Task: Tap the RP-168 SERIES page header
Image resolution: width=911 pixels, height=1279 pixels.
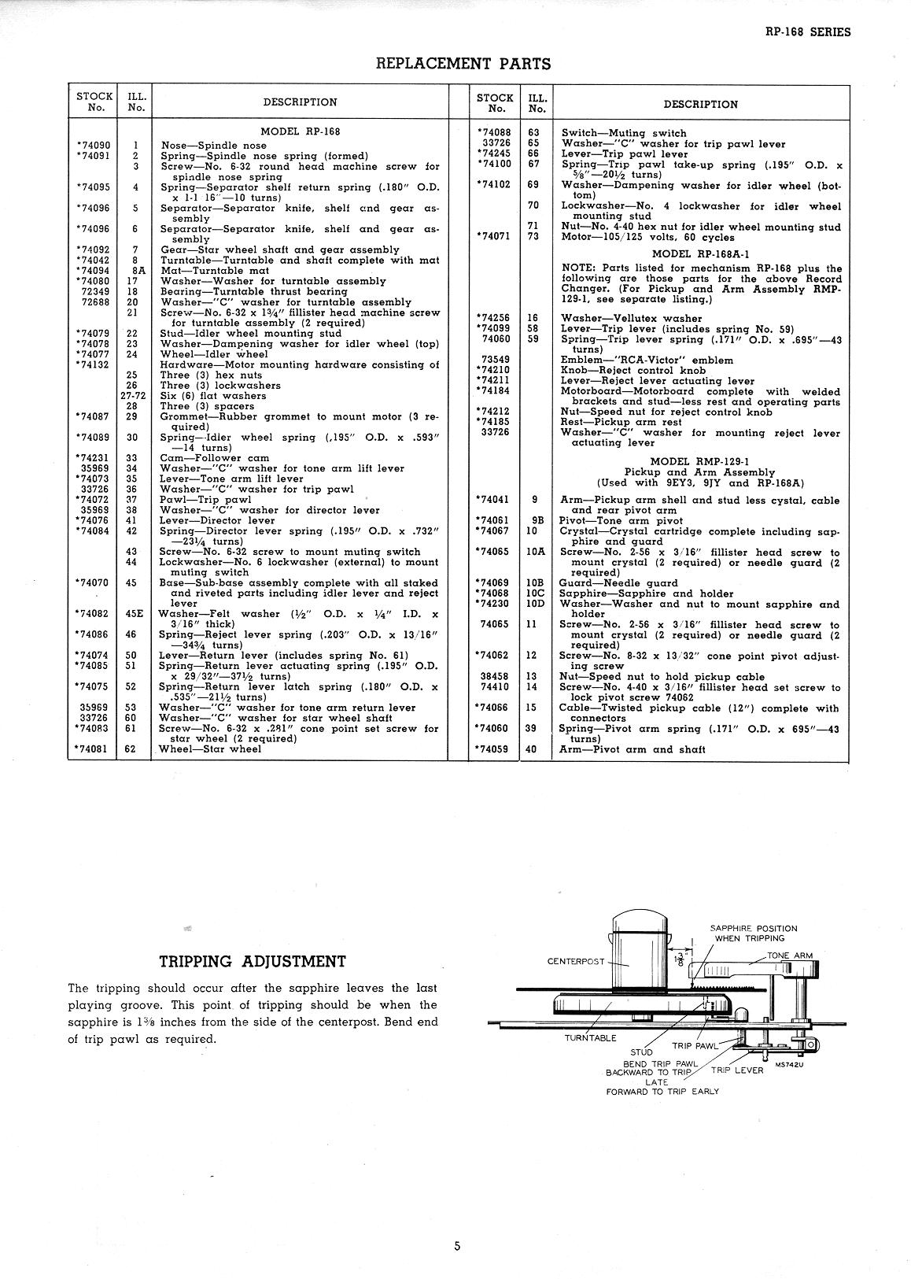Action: click(x=807, y=32)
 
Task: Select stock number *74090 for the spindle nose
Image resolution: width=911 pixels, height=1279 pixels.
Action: click(x=94, y=146)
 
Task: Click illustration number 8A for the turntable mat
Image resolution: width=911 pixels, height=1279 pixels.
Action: click(x=135, y=271)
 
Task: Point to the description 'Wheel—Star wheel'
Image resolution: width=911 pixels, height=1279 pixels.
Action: click(x=210, y=749)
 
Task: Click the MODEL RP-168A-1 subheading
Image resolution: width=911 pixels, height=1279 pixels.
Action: click(x=700, y=254)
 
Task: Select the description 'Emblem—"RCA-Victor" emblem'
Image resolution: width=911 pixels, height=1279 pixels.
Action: click(x=646, y=360)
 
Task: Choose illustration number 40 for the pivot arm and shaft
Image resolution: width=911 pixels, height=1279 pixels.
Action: click(x=531, y=749)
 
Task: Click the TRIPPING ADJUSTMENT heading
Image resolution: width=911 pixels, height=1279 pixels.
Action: click(x=253, y=961)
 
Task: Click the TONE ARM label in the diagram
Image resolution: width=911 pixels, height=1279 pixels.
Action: click(x=790, y=956)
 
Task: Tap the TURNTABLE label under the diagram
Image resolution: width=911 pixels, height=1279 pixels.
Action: click(x=590, y=1037)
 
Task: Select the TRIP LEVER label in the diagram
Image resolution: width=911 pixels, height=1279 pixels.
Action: click(x=737, y=1070)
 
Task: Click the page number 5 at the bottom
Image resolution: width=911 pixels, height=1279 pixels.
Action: click(x=456, y=1246)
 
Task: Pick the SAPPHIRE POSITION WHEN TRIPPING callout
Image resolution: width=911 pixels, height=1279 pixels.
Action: click(x=753, y=933)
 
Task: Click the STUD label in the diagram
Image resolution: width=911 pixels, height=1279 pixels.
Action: click(x=641, y=1052)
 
